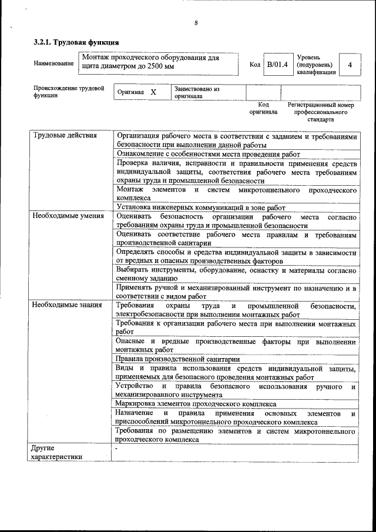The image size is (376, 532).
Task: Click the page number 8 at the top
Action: (x=196, y=23)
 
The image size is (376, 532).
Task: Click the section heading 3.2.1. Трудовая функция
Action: (x=76, y=42)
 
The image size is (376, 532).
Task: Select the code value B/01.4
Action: (x=277, y=65)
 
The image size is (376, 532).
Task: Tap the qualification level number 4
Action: (x=350, y=65)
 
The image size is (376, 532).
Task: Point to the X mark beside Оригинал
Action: (x=153, y=92)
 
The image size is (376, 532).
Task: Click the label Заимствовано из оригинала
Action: (x=196, y=92)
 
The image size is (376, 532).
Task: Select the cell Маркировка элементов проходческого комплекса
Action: (x=196, y=404)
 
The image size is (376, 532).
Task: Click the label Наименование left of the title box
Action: (x=54, y=64)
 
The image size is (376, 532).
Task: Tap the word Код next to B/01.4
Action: (x=254, y=65)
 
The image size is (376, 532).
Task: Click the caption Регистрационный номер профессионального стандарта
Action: (x=320, y=112)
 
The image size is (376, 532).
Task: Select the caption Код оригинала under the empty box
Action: (x=263, y=108)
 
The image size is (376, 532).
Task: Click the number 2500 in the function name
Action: (x=156, y=67)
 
